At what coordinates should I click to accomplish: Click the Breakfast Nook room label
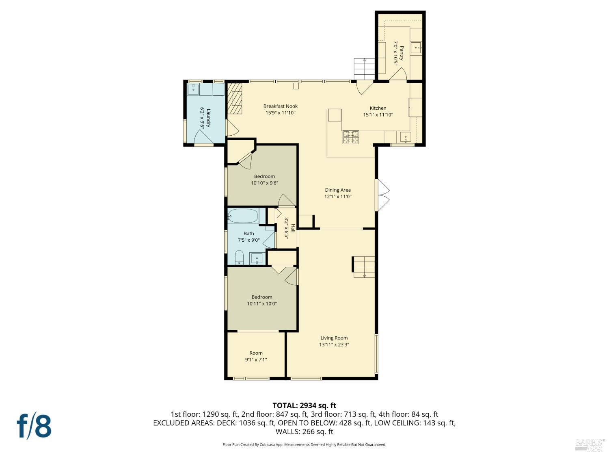pos(280,106)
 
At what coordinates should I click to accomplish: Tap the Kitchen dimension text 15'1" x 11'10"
pos(378,115)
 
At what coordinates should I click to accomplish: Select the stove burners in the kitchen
pos(351,137)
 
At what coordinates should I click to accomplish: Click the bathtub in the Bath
pos(243,216)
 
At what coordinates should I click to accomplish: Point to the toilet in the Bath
pos(239,257)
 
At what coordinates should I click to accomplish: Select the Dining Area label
pos(337,190)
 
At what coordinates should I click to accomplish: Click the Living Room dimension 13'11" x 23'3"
pos(334,344)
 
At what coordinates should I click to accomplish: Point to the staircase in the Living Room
pos(364,267)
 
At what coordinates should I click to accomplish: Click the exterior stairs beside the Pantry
pos(364,69)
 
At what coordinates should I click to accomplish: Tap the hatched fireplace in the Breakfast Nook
pos(234,99)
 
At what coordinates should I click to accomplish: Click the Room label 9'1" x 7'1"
pos(256,353)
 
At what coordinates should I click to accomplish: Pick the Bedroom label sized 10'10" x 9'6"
pos(264,176)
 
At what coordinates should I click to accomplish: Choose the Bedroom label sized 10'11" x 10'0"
pos(262,297)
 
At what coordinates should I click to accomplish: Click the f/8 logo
pos(34,426)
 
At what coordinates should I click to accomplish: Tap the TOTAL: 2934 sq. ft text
pos(304,405)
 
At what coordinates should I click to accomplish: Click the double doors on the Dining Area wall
pos(382,195)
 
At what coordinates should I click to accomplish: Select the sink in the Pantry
pos(416,48)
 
